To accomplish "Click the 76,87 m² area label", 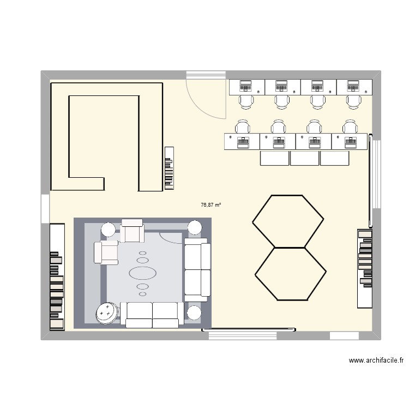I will coord(210,205).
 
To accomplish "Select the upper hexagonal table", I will coord(288,221).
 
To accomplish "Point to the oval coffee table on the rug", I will coord(142,272).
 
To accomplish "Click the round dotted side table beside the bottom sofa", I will coord(107,313).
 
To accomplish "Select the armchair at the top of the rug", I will coord(131,230).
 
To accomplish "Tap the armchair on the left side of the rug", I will coord(106,252).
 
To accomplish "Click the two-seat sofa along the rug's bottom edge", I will coord(152,315).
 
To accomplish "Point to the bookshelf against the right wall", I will coord(365,268).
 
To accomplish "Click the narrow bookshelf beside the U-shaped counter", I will coord(169,168).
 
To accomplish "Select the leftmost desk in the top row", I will coord(246,87).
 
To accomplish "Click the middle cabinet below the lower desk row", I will coord(304,158).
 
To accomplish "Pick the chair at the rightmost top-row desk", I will coord(353,101).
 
